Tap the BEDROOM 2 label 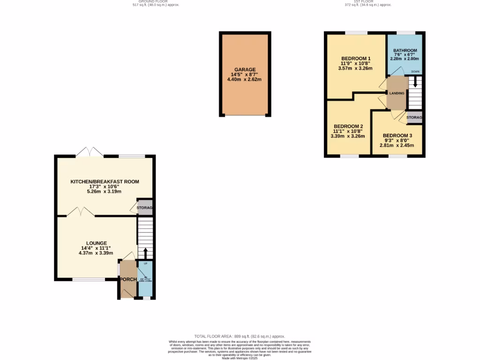pos(348,126)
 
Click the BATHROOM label pos(405,51)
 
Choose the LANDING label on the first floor pos(397,93)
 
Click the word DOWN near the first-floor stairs pos(415,71)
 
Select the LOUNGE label pos(96,243)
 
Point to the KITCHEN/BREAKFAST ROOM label pos(105,181)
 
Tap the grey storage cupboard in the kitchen pos(145,208)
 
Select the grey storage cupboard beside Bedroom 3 pos(414,117)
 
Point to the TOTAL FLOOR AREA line pos(240,336)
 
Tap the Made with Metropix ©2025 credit pos(240,358)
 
